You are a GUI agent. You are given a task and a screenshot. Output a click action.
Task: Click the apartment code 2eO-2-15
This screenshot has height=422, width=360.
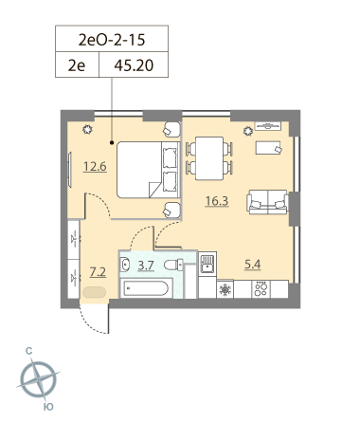click(112, 40)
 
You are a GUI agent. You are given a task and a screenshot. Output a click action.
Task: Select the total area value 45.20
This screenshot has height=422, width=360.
click(134, 65)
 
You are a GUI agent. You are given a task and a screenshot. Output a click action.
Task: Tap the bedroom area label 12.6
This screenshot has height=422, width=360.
click(95, 166)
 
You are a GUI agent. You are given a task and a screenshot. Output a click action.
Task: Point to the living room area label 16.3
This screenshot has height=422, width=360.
click(217, 201)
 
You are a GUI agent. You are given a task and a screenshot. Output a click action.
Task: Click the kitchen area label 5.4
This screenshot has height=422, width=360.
click(253, 265)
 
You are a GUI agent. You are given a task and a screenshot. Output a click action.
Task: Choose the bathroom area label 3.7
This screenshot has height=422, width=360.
click(146, 266)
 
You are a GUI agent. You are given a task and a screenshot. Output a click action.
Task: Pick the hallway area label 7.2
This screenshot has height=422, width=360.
click(98, 272)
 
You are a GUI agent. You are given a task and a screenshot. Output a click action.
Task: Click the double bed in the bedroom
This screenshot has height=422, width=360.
click(148, 170)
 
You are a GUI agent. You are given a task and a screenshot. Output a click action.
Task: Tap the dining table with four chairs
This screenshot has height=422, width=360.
click(209, 158)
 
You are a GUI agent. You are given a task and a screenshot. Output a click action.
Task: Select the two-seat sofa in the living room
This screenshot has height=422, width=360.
click(267, 202)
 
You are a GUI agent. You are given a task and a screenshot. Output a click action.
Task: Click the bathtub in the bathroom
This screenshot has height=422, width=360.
click(146, 287)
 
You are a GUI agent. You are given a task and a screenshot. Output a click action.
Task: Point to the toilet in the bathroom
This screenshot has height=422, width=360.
click(173, 265)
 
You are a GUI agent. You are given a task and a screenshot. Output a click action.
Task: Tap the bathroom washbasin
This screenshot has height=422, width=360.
click(125, 265)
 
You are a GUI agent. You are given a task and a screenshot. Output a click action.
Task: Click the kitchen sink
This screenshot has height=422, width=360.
click(207, 264)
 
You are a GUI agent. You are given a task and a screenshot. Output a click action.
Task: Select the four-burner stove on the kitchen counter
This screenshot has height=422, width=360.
click(261, 289)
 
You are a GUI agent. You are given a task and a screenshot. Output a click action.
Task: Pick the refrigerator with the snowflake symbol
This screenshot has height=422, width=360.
click(225, 289)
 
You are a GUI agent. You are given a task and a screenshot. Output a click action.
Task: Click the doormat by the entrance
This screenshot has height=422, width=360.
click(94, 292)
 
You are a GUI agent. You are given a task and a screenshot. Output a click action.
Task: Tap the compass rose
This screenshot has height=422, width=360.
click(39, 379)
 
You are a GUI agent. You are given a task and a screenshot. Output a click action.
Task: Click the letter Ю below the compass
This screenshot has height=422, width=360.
click(48, 407)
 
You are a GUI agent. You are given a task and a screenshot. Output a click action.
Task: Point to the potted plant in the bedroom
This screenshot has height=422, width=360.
click(87, 129)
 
